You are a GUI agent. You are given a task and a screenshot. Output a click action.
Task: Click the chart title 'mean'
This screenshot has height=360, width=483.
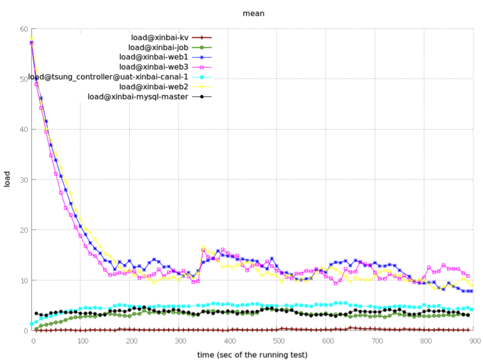tap(253, 12)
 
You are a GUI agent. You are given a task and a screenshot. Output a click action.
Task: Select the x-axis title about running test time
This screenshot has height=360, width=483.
tap(252, 354)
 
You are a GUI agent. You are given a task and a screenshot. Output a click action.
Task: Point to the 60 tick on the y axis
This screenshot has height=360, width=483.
tap(23, 29)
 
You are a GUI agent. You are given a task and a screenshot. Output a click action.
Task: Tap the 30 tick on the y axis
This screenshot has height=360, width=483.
tap(23, 179)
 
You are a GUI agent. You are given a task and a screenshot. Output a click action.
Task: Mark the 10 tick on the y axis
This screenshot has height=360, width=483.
tap(23, 280)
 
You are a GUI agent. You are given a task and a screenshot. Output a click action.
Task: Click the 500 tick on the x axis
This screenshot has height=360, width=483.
tap(277, 340)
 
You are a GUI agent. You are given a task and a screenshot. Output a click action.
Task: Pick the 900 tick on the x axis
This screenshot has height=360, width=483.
tap(473, 340)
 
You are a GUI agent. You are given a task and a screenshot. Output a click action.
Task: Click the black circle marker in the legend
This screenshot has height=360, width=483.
tap(202, 96)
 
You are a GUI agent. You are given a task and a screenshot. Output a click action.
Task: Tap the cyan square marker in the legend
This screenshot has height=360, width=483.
tap(202, 77)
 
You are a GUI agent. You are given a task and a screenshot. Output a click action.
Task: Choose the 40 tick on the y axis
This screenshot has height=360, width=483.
tap(23, 130)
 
